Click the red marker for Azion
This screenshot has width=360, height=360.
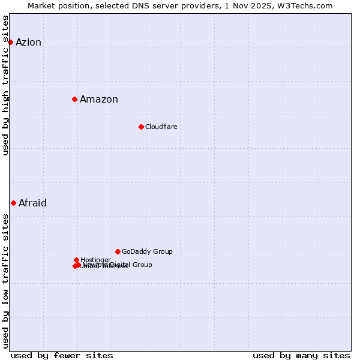10,42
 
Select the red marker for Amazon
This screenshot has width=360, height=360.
74,99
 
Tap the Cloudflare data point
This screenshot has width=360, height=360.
141,127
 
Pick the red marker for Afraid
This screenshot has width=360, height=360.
13,203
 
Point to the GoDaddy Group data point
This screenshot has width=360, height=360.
118,251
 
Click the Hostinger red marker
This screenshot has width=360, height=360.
77,260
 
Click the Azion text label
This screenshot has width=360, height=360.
28,42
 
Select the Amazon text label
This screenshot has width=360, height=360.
99,100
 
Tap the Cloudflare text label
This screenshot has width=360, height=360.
161,127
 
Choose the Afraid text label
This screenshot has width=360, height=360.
32,203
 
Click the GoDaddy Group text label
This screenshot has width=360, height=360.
147,251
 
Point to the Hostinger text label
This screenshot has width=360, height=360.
95,260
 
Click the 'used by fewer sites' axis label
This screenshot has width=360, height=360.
62,355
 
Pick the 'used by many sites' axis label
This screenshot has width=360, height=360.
301,355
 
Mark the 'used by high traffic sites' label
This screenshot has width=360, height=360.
5,86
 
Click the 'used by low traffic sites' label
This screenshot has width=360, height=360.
5,281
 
